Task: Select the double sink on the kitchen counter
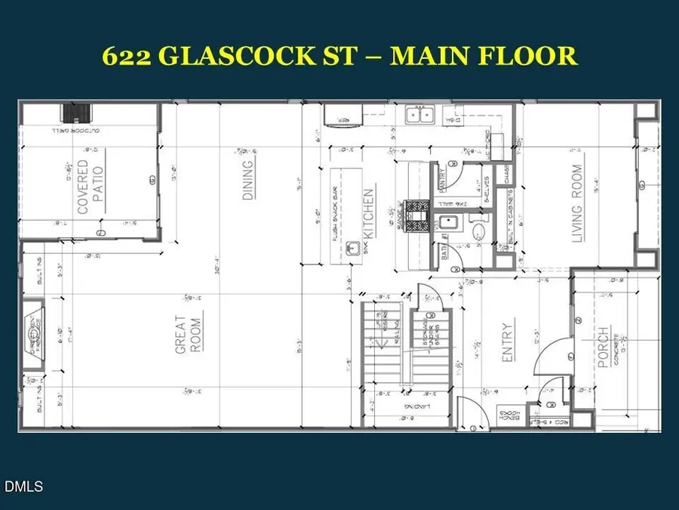tap(419, 115)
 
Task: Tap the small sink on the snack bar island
tap(351, 249)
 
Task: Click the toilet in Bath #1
tap(478, 230)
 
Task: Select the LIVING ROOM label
tap(578, 204)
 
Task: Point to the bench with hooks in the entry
tap(507, 416)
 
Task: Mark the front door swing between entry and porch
tap(554, 355)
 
